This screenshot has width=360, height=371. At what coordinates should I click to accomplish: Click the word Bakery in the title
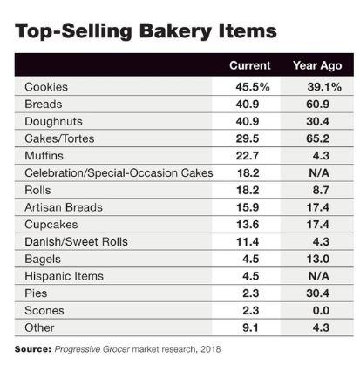click(176, 32)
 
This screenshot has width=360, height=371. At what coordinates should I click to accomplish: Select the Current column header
click(250, 65)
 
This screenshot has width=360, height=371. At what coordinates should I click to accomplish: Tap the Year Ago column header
click(317, 66)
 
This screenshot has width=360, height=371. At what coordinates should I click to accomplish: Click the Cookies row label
click(46, 87)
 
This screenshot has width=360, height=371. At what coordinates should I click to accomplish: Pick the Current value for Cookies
click(253, 87)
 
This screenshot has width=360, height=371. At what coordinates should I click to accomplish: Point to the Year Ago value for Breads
click(317, 104)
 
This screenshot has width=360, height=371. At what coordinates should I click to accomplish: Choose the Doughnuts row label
click(53, 122)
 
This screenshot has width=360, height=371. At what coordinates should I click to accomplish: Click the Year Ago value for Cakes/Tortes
click(317, 138)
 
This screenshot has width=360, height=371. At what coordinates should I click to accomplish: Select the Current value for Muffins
click(248, 156)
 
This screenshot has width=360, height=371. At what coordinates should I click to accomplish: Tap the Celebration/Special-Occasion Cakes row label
click(119, 173)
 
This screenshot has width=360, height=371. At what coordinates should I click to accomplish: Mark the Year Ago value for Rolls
click(321, 190)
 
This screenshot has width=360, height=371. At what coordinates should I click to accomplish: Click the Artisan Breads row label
click(64, 207)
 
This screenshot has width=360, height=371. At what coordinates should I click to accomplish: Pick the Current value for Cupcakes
click(248, 225)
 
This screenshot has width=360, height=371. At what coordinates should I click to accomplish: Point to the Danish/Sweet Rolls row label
click(76, 241)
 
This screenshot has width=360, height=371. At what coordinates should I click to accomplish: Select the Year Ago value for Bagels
click(318, 259)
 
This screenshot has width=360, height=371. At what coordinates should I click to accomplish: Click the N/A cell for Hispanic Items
click(319, 276)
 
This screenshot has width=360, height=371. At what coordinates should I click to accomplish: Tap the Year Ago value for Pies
click(317, 293)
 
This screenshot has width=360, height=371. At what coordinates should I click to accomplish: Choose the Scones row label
click(44, 311)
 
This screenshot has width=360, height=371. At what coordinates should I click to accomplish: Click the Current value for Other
click(250, 327)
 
